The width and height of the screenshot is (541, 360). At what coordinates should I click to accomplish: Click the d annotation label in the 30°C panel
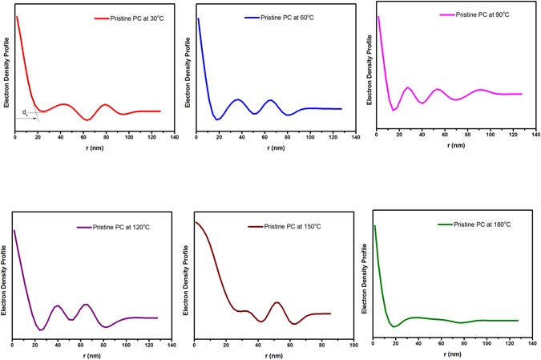[x=25, y=111]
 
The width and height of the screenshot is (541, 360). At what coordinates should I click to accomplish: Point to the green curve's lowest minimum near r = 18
[x=394, y=327]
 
